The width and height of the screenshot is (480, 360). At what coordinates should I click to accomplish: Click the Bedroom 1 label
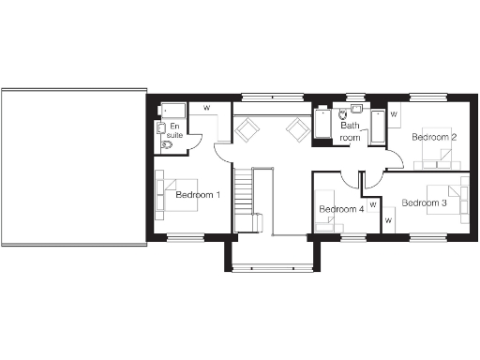(197, 195)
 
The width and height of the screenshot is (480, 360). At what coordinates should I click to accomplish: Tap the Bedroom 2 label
(435, 137)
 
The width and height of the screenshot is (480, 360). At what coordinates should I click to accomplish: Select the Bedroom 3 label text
(424, 202)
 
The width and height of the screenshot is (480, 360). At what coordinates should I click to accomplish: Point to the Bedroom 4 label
(340, 209)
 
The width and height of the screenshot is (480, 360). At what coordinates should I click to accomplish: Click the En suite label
(174, 130)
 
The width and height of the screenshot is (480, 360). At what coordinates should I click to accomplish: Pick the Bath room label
(350, 131)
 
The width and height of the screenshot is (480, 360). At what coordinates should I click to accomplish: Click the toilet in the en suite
(168, 145)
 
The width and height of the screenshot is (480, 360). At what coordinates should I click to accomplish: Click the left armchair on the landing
(246, 129)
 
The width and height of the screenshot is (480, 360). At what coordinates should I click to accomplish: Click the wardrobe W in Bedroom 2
(394, 114)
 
